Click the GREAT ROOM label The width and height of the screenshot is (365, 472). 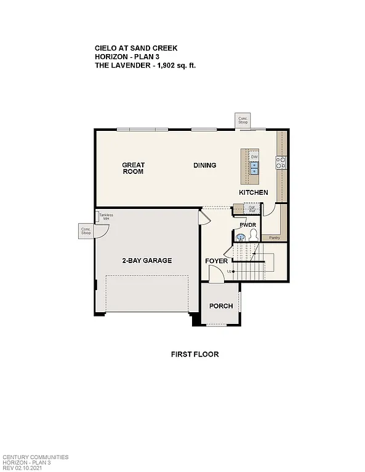[132, 168]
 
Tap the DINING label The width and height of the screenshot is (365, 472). [204, 165]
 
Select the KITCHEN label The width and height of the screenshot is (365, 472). [254, 192]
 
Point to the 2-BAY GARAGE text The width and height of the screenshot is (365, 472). [146, 261]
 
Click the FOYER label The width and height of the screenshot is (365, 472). [217, 261]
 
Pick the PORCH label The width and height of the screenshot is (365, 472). [221, 306]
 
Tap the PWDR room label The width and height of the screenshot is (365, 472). [247, 225]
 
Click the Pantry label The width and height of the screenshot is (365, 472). [275, 237]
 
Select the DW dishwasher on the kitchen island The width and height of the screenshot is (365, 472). [254, 157]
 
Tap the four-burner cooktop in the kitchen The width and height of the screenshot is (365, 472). [280, 163]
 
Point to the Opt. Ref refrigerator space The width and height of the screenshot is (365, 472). [251, 208]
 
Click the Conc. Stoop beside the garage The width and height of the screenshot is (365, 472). [86, 231]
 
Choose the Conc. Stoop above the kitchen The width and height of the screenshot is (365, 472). [243, 120]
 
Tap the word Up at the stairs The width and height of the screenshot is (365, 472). [230, 271]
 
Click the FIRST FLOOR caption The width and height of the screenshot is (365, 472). [195, 355]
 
